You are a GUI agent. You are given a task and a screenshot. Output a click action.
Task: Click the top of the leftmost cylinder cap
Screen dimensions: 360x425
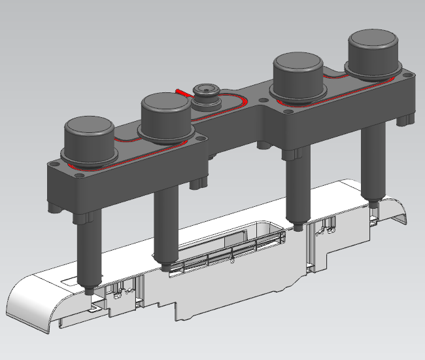pos(88,128)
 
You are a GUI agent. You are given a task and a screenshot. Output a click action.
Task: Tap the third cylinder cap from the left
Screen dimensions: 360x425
pos(298,65)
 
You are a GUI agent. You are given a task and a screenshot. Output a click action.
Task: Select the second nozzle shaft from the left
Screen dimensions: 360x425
pos(165,223)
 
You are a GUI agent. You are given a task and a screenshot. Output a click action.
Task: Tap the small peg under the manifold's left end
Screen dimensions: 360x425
pos(54,208)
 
